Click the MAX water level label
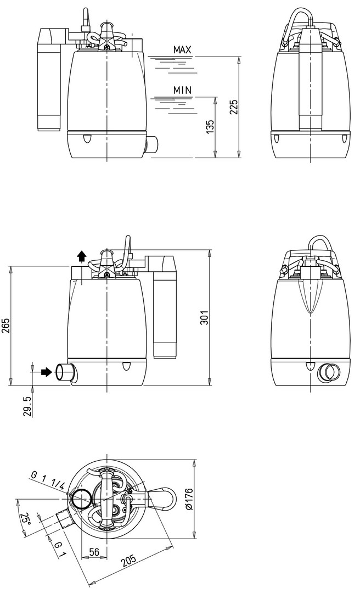[x=182, y=49]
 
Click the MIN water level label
[x=182, y=90]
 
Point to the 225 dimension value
[x=234, y=108]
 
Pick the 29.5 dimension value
[x=27, y=406]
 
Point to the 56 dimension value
[x=94, y=552]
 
